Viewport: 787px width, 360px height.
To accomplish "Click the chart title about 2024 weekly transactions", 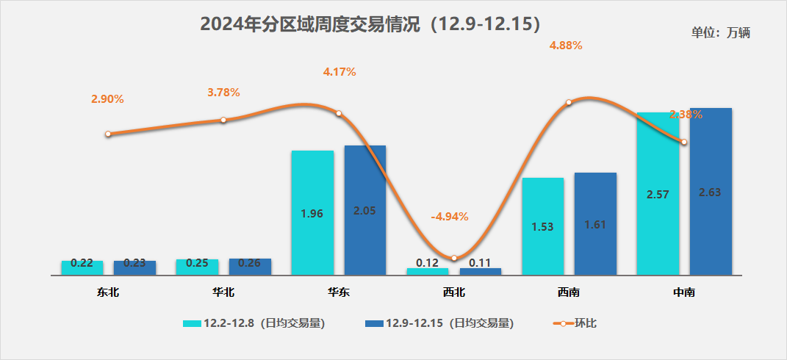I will [x=371, y=24].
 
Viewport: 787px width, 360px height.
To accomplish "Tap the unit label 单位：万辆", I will [x=720, y=32].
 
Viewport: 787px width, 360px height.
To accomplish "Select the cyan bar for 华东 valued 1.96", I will [x=312, y=212].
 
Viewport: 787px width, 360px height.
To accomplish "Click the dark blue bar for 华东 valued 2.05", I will [x=365, y=209].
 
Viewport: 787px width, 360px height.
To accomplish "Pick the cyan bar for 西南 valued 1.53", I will [x=542, y=226].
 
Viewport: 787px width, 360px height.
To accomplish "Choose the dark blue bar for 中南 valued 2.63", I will [x=711, y=191].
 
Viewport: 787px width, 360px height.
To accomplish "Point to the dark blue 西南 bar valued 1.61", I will [x=595, y=223].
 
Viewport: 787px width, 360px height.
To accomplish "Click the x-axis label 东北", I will [x=108, y=292].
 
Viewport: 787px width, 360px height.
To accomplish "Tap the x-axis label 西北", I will [x=454, y=292].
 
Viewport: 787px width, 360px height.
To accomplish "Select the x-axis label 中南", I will [x=684, y=292].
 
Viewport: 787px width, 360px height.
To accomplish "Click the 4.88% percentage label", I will [x=566, y=46].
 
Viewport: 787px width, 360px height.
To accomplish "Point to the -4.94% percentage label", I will [x=449, y=217].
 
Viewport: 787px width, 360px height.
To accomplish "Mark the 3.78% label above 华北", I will [x=223, y=93].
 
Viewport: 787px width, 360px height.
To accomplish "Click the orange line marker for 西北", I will [x=454, y=258].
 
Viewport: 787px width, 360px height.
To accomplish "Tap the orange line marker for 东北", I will [x=108, y=134].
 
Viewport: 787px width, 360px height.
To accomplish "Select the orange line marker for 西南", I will [x=569, y=104].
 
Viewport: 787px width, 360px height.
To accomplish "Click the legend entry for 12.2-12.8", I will [x=254, y=323].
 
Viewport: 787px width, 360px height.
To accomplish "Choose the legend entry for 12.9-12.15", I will [x=438, y=323].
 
